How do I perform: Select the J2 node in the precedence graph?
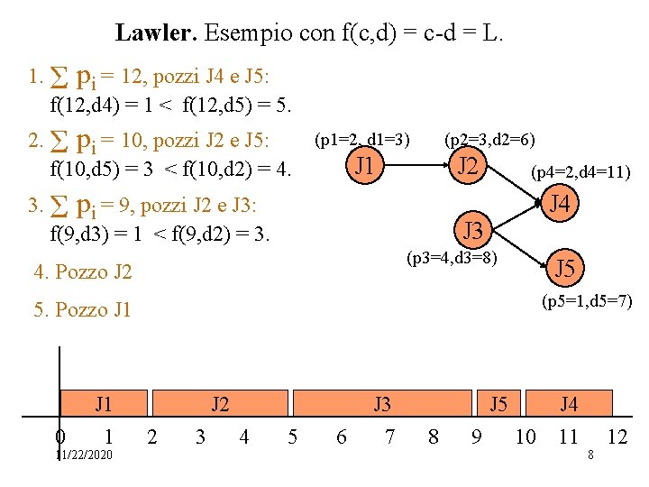(x=468, y=166)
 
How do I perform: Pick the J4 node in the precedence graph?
(x=561, y=205)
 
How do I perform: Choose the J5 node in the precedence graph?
(x=565, y=268)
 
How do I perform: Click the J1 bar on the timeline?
(x=104, y=403)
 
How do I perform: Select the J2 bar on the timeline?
(x=219, y=403)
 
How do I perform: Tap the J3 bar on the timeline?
(x=382, y=403)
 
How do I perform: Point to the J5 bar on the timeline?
(x=498, y=403)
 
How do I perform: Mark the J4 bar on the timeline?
(x=568, y=403)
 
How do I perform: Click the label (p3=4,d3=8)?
(x=451, y=259)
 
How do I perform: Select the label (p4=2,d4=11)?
(x=580, y=171)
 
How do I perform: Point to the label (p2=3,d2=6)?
(x=490, y=139)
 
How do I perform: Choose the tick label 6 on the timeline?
(x=340, y=437)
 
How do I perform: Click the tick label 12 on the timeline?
(x=617, y=437)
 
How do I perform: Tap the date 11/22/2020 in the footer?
(x=84, y=455)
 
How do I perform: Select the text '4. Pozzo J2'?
(x=82, y=271)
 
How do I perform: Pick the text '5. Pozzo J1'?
(x=82, y=310)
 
